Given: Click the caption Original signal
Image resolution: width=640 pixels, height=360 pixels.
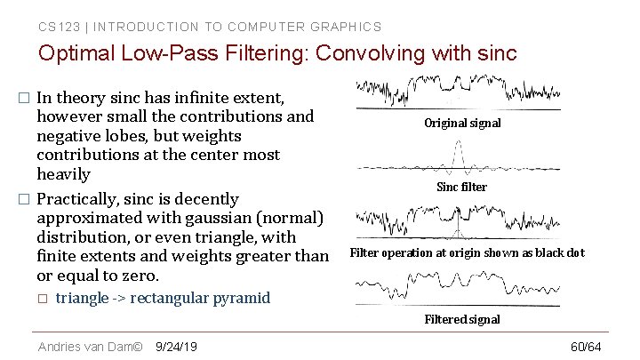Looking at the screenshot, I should (x=462, y=124).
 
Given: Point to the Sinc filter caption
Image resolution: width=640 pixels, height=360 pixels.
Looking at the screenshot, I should (x=461, y=188).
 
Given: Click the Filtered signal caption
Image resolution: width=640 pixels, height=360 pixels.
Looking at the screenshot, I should (x=462, y=319).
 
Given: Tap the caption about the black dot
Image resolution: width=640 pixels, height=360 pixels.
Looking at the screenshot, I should (x=467, y=253).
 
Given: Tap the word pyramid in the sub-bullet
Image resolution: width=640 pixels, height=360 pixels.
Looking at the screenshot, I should (x=244, y=298).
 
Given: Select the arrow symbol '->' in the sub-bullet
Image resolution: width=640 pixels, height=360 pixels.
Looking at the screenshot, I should (x=118, y=298).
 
